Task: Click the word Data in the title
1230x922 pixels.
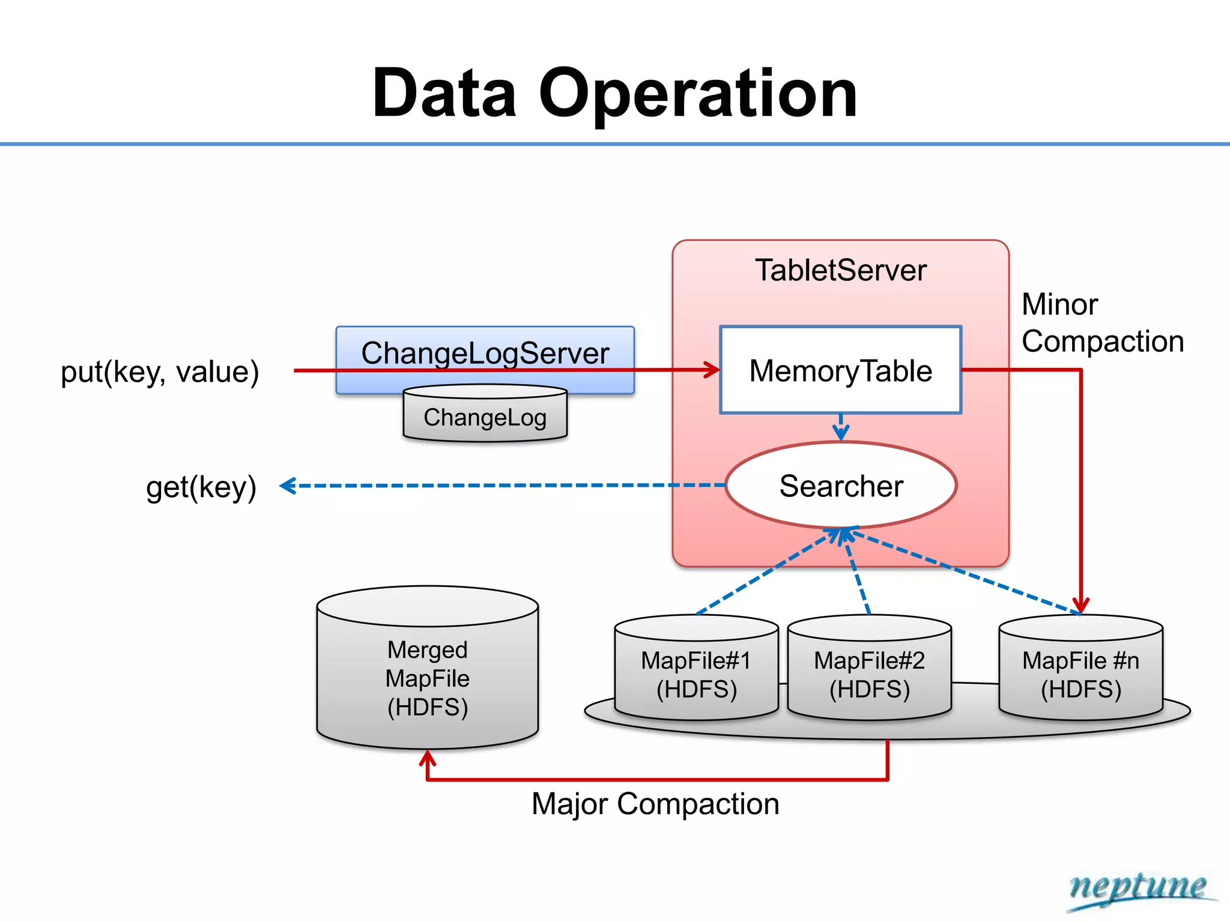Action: click(444, 94)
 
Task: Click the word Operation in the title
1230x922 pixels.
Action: click(698, 94)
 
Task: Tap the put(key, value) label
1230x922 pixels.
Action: click(160, 372)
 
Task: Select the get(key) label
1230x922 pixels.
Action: click(201, 486)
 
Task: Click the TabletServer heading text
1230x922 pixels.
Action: click(840, 270)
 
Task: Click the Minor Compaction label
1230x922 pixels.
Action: click(1102, 323)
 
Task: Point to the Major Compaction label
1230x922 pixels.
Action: click(655, 804)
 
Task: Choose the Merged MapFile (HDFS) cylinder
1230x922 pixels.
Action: click(428, 678)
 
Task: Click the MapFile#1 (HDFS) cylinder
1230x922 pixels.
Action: click(696, 675)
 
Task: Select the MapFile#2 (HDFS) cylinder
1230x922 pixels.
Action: click(869, 675)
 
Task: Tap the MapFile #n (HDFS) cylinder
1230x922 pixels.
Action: click(1080, 675)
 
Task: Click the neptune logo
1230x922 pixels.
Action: click(1139, 888)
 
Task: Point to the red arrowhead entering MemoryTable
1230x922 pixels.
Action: click(713, 370)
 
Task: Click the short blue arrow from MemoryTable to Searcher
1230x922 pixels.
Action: click(841, 427)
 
